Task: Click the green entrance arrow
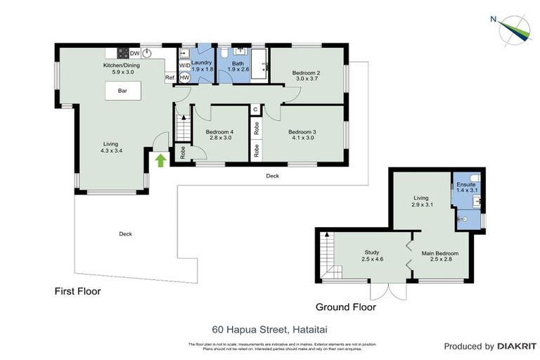point(160,160)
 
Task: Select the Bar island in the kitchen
point(122,91)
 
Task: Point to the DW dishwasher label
point(134,53)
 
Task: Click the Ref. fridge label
point(169,77)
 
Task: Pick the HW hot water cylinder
point(185,77)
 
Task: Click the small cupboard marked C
point(256,110)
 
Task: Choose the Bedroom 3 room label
point(303,134)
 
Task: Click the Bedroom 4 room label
point(219,134)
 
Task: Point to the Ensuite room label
point(465,187)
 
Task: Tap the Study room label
point(371,255)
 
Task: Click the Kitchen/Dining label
point(122,67)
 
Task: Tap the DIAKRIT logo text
point(515,346)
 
